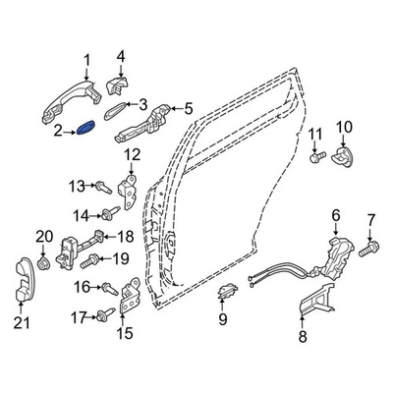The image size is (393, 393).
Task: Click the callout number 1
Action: (87, 59)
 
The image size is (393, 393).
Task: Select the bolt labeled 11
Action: (315, 154)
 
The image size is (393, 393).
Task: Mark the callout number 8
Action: (304, 336)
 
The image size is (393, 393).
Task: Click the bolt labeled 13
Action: (101, 186)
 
